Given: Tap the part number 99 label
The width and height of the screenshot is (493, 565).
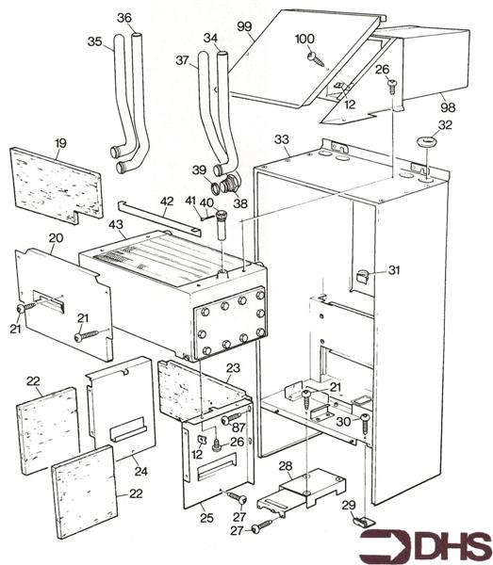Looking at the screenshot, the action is click(245, 26).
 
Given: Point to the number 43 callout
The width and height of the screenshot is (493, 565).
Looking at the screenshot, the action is click(116, 224).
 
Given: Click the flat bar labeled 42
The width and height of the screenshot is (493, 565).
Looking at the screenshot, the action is click(159, 218).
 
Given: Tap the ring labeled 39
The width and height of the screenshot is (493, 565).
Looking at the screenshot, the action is click(216, 187).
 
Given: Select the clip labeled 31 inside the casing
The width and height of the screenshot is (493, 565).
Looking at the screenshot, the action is click(363, 276).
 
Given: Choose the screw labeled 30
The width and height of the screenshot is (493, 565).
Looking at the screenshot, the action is click(365, 423).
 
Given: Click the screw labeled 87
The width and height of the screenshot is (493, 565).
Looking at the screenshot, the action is click(234, 418).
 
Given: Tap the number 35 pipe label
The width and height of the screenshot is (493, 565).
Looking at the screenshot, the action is click(95, 41).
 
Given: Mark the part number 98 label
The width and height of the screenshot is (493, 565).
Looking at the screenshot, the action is click(448, 107).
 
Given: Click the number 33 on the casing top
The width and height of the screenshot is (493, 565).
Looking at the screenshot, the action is click(282, 139).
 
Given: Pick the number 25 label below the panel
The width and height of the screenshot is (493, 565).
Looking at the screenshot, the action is click(206, 518).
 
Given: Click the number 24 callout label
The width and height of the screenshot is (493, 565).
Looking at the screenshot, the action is click(141, 471).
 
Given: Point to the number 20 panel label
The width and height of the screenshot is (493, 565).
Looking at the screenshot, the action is click(56, 238).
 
